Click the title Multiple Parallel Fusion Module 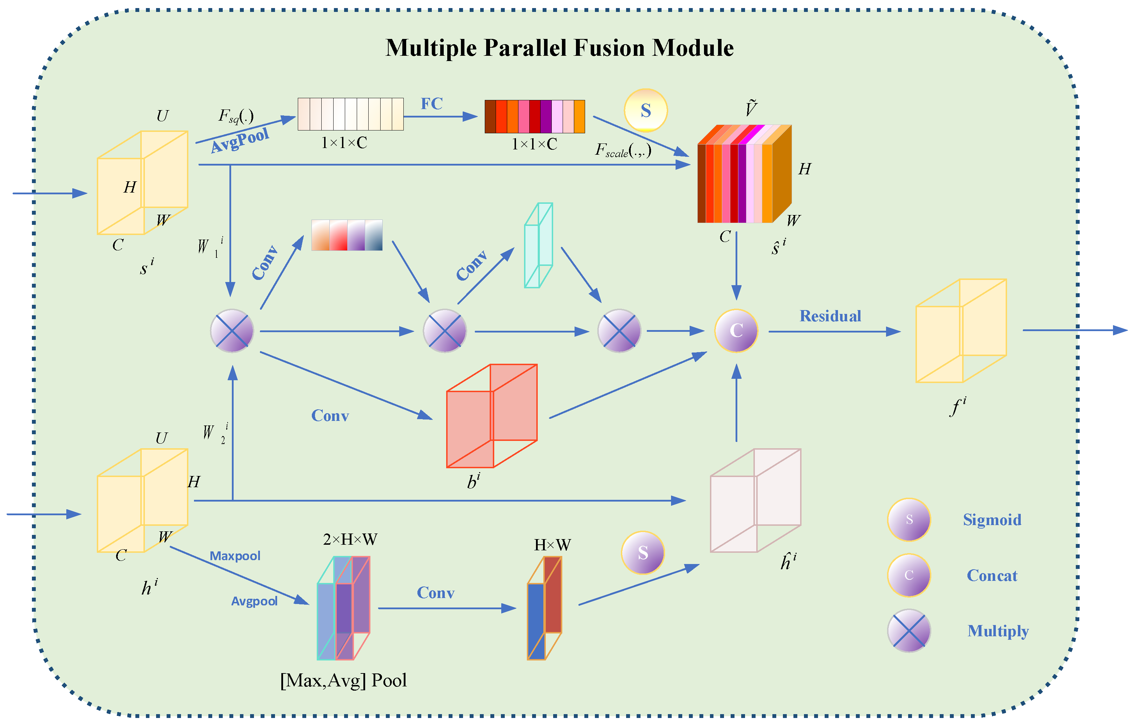(559, 48)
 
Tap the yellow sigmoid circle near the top (645, 110)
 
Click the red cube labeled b (491, 416)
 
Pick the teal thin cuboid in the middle (538, 245)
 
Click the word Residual (830, 316)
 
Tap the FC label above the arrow (431, 104)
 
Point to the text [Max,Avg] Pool (343, 680)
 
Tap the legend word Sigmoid (992, 520)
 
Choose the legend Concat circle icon (908, 575)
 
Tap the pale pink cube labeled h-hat (755, 501)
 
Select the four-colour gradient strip (347, 235)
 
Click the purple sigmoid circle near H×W (642, 553)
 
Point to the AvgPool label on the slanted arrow (240, 140)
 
